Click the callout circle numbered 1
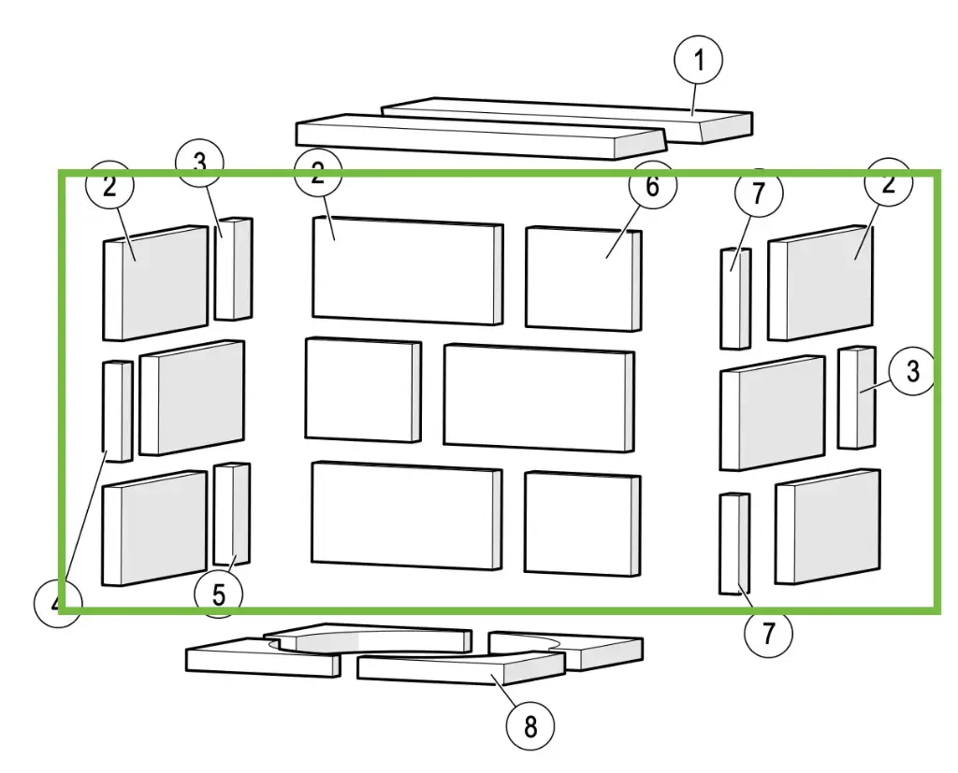coord(698,61)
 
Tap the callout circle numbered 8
coord(530,726)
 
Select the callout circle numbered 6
coord(652,184)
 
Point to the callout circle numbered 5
coord(218,594)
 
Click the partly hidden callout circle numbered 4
coord(57,602)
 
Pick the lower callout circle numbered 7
coord(768,632)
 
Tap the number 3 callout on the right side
coord(912,370)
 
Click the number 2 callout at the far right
coord(889,182)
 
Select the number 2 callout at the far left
coord(109,185)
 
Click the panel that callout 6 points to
coord(584,279)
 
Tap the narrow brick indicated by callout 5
coord(232,514)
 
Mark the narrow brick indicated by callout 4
coord(117,411)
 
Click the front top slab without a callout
coord(480,136)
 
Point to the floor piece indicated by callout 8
coord(460,666)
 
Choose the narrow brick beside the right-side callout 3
coord(857,398)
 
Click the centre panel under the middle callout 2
coord(408,270)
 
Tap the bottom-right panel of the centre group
coord(582,522)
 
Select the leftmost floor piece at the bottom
coord(263,657)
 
